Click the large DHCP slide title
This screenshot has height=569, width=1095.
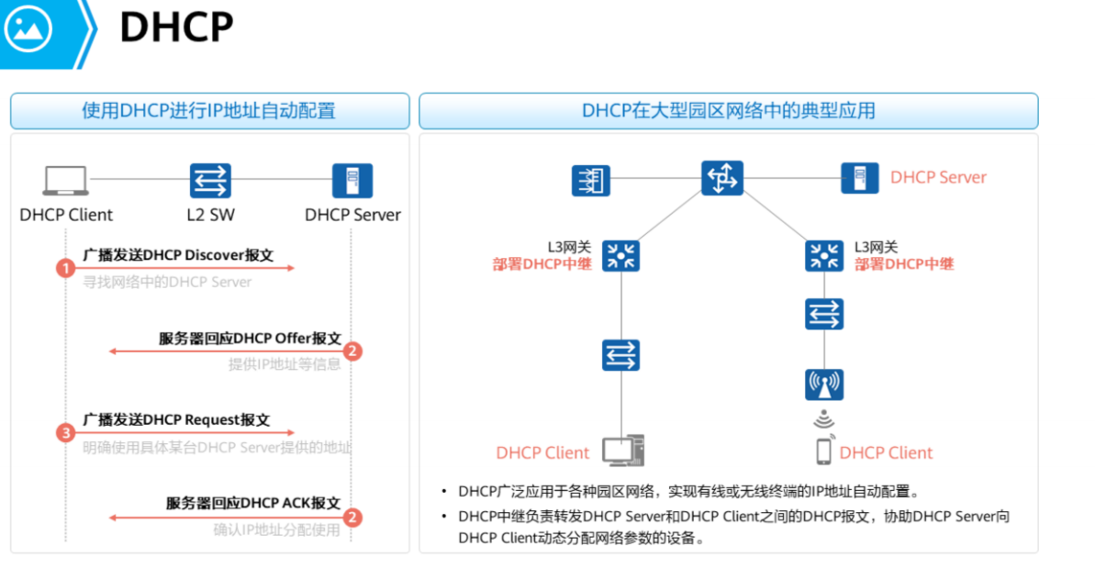click(176, 28)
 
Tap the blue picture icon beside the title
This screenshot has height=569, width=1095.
click(28, 29)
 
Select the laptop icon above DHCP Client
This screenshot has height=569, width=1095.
click(66, 181)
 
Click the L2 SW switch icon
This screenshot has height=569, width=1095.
click(210, 181)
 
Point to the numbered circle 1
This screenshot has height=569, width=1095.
click(65, 268)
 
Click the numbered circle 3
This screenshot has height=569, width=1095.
click(65, 433)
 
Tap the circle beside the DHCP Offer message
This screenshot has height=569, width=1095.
click(352, 351)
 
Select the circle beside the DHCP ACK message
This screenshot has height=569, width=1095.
click(352, 518)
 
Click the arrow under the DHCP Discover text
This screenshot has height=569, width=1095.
click(184, 268)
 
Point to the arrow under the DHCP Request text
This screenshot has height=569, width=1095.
click(184, 432)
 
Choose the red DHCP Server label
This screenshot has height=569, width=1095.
click(938, 177)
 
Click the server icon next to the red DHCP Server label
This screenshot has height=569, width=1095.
click(859, 178)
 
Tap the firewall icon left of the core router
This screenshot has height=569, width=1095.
click(590, 180)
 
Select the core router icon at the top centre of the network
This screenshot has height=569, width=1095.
click(721, 177)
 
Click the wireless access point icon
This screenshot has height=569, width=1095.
click(823, 385)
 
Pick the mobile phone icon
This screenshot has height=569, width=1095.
click(823, 451)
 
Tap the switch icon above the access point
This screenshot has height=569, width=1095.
click(823, 315)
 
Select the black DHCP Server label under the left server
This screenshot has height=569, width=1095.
click(352, 215)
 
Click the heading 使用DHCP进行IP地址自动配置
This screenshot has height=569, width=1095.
click(209, 111)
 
